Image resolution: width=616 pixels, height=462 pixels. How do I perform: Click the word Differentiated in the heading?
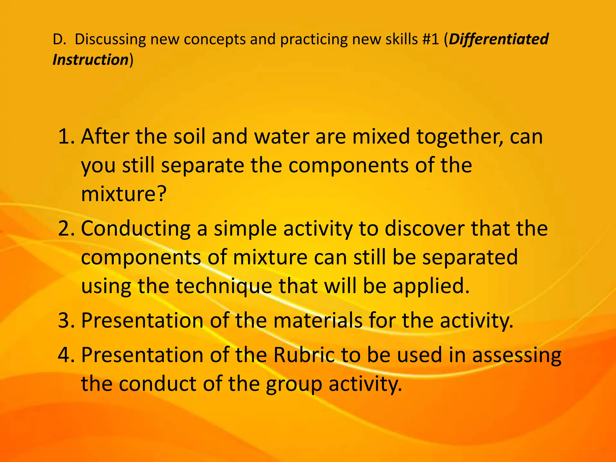[x=498, y=39]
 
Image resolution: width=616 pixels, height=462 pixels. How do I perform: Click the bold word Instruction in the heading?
[x=91, y=60]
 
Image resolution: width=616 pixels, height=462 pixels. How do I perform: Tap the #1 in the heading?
[x=430, y=39]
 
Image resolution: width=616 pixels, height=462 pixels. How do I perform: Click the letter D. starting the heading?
[x=59, y=39]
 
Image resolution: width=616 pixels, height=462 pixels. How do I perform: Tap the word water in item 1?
[x=282, y=137]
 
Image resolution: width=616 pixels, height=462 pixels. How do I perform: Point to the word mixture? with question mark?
[x=124, y=194]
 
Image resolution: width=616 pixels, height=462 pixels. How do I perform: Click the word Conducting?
[x=136, y=229]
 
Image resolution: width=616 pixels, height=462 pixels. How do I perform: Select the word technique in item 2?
[x=224, y=286]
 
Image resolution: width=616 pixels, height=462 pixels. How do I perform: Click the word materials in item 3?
[x=318, y=321]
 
